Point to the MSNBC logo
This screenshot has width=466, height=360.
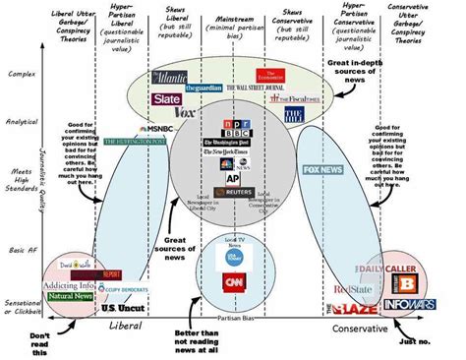(158, 129)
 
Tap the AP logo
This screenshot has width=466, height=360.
(233, 179)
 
